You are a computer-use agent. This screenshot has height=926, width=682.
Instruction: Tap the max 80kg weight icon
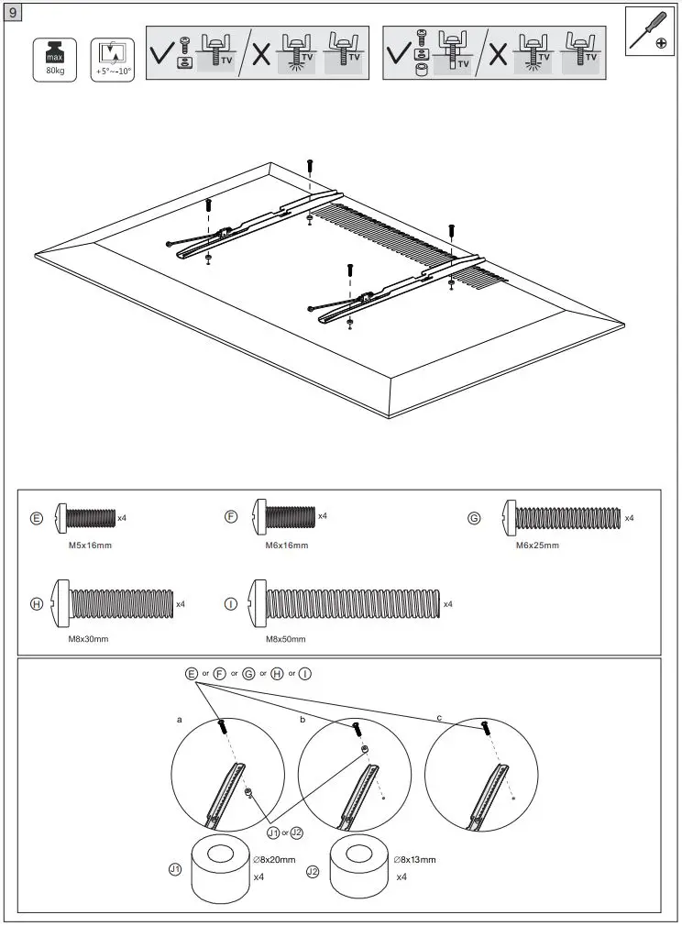[48, 58]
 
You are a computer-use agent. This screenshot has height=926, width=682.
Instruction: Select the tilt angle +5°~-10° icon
[111, 58]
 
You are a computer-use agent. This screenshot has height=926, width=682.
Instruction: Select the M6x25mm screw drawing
[561, 518]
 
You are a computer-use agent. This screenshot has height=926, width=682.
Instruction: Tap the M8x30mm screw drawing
[114, 603]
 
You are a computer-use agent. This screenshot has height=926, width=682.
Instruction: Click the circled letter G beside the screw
[474, 518]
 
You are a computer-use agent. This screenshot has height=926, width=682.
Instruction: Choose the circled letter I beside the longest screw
[231, 604]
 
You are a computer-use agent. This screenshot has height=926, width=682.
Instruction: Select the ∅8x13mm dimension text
[414, 860]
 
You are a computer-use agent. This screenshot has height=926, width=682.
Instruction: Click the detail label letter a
[180, 721]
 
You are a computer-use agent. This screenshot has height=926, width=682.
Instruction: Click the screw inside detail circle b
[356, 729]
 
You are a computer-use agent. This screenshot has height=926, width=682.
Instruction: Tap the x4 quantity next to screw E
[122, 518]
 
